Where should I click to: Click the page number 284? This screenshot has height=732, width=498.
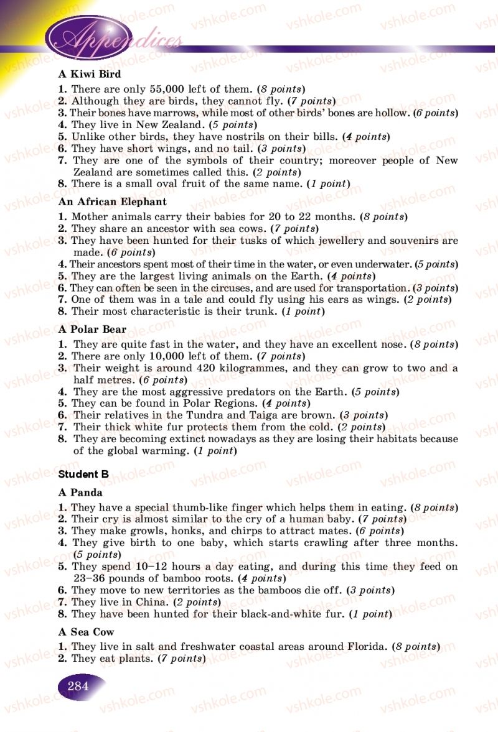(78, 687)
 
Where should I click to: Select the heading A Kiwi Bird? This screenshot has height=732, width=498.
(90, 74)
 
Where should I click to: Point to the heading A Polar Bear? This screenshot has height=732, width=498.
(92, 329)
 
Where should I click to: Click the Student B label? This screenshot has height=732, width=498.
(83, 474)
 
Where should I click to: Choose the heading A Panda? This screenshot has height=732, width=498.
(80, 493)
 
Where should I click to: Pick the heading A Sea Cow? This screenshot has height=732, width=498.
(87, 632)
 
